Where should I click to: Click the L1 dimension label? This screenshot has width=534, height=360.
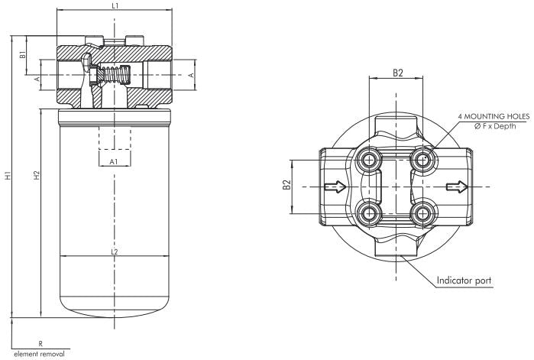click(x=114, y=6)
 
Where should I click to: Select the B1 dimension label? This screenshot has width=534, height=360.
click(x=23, y=55)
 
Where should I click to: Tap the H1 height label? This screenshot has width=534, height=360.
click(x=8, y=176)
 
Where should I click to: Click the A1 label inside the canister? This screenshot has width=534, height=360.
click(x=113, y=162)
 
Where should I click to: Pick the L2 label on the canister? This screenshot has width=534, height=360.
click(x=114, y=251)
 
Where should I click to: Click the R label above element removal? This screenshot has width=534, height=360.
click(x=40, y=345)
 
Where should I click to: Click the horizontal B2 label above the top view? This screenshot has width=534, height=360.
click(x=397, y=73)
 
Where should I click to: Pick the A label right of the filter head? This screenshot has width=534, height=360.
click(x=191, y=76)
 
